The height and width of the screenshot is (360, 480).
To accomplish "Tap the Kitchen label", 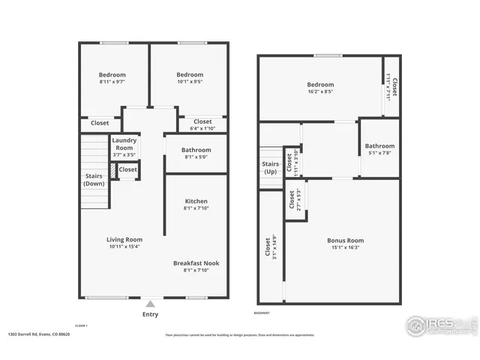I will (196, 201).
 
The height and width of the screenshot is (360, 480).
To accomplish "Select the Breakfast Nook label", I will (196, 263).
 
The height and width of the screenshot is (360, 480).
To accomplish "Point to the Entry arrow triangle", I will (151, 304).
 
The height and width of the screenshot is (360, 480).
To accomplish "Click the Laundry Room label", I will (124, 144).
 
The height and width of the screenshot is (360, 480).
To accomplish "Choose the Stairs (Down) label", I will (94, 179).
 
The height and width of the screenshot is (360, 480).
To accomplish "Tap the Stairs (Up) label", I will (270, 167).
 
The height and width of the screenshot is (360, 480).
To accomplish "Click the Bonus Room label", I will (343, 241).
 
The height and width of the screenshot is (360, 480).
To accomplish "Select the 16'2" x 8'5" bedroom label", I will (320, 85).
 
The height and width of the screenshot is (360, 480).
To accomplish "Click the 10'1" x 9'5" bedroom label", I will (190, 75).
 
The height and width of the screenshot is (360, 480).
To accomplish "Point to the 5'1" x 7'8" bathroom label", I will (379, 145).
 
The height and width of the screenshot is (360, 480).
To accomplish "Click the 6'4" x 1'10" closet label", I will (202, 121).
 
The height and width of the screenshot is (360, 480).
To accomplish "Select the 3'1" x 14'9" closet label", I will (268, 248).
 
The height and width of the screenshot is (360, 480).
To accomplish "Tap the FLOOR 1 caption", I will (81, 325).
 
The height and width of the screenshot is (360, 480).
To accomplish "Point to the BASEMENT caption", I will (262, 313).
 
